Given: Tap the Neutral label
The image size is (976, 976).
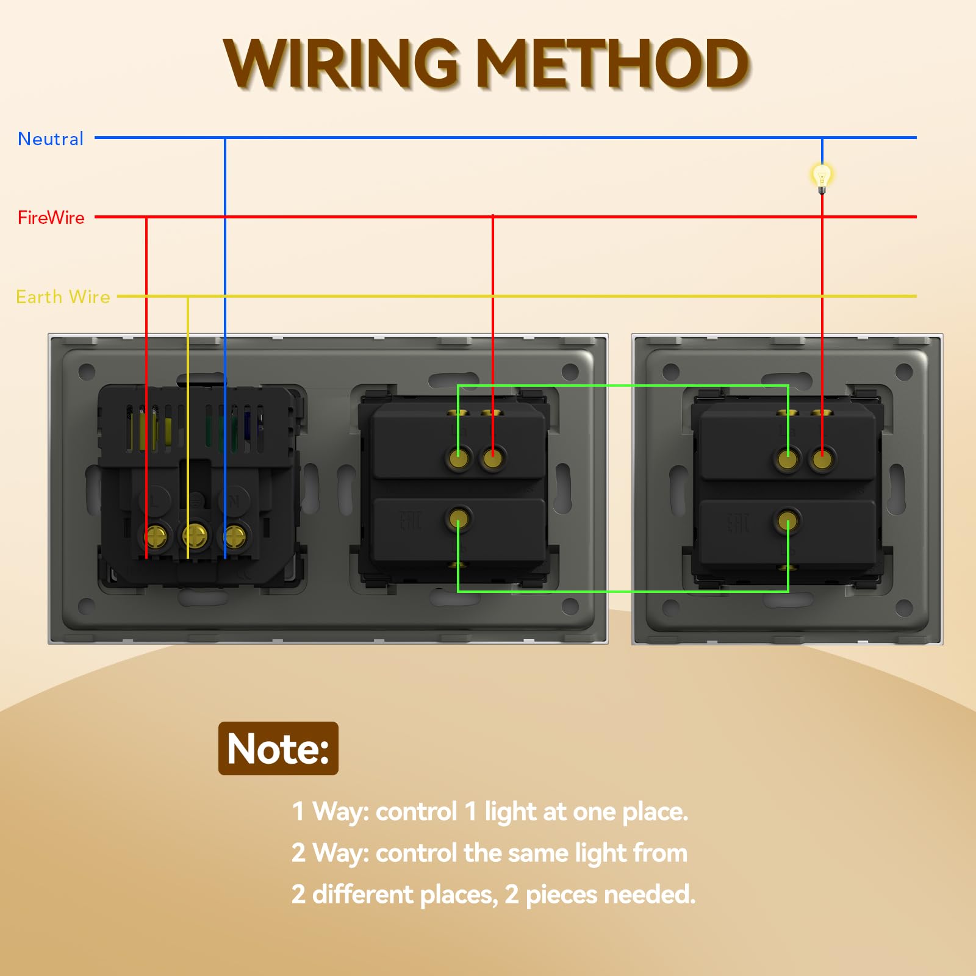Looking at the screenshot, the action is (51, 139).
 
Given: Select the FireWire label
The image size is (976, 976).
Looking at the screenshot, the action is (51, 217).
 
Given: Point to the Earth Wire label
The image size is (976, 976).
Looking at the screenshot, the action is (63, 297).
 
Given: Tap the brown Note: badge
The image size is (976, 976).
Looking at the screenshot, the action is (278, 748).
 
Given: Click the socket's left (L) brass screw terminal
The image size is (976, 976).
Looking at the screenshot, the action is (156, 537).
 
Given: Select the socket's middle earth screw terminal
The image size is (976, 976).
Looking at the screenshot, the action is (195, 537).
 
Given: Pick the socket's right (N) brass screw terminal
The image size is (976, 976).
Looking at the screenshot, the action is (235, 537).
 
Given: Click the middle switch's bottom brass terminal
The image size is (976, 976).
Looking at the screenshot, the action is (458, 519).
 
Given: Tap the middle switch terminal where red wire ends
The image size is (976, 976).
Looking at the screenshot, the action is (492, 457).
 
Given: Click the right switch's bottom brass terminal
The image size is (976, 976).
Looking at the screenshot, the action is (788, 522).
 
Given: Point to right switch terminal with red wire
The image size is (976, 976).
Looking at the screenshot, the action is (822, 459).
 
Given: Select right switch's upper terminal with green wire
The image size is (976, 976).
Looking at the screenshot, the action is (788, 459).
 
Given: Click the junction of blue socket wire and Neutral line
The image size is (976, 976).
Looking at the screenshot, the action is (225, 138).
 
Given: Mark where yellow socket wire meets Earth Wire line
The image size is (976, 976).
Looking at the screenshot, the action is (188, 296).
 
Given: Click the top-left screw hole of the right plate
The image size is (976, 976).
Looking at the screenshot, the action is (671, 371).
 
